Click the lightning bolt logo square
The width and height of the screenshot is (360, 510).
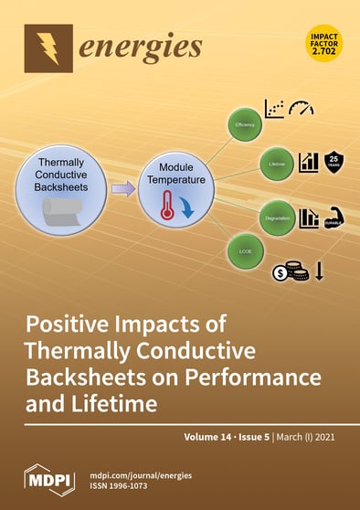(x=48, y=46)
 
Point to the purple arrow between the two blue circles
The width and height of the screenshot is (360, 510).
(x=123, y=190)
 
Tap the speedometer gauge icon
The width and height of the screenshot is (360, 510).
(x=301, y=108)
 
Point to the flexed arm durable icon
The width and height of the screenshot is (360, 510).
(x=334, y=218)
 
